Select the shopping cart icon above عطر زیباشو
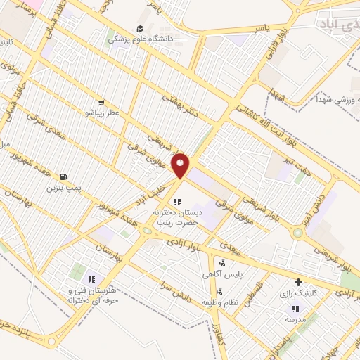click(102, 102)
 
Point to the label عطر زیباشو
click(103, 112)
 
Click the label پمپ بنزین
click(65, 188)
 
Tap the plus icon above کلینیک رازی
click(298, 282)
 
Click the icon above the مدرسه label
click(295, 309)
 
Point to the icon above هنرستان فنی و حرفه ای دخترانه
click(91, 280)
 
